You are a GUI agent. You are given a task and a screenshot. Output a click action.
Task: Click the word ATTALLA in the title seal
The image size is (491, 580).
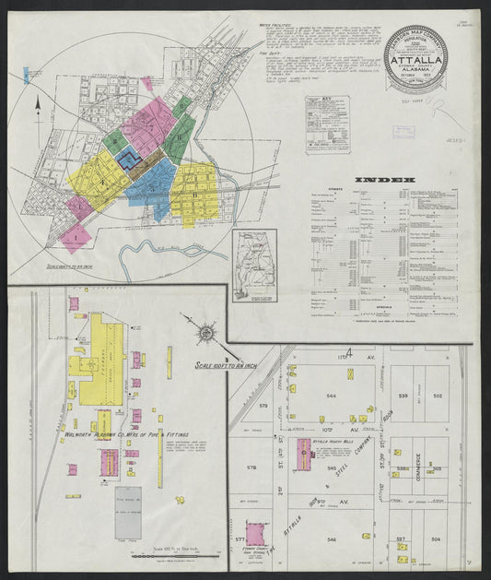pos(420,64)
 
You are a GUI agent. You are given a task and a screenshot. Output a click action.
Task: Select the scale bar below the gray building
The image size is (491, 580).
pos(175,557)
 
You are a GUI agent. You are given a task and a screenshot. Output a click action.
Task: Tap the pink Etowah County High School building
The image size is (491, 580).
pos(255,534)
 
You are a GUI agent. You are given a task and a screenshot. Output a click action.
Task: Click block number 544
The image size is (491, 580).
pos(332,397)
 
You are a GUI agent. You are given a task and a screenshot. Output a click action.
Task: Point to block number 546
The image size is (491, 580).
pos(332,538)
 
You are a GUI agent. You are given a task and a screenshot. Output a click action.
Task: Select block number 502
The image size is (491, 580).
pos(438,397)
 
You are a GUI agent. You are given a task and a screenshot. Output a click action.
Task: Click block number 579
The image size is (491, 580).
pos(263,405)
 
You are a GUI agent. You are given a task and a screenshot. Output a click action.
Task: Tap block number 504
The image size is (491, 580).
pos(438,538)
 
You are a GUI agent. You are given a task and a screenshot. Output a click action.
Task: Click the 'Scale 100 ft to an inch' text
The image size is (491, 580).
pos(230,364)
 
